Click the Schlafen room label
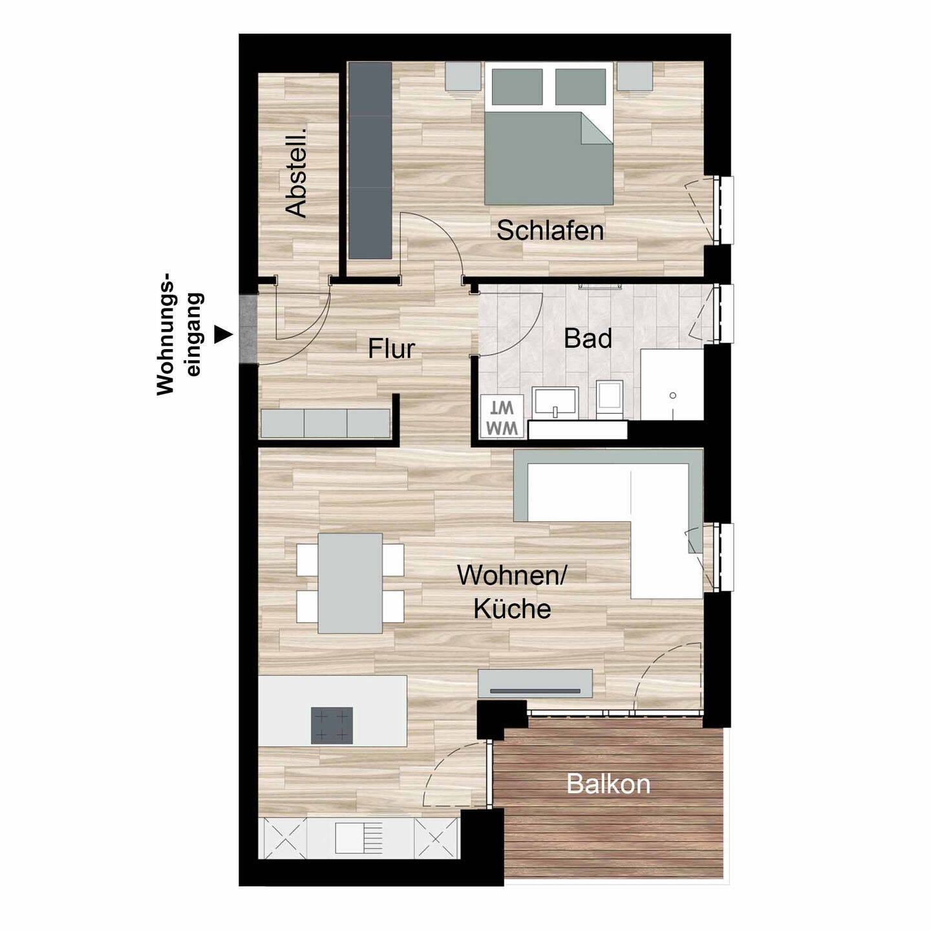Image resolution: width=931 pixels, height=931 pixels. coord(550,231)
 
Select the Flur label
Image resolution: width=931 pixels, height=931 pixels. coord(391,349)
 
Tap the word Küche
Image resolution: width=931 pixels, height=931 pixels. coord(512,609)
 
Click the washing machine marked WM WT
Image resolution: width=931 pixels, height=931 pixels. coord(502,416)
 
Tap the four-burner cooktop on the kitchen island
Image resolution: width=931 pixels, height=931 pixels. coord(332,725)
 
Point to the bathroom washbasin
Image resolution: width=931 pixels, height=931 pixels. coord(555,403)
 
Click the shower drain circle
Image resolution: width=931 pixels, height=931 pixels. coord(673,395)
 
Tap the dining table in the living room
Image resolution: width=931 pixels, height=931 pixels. coord(350,583)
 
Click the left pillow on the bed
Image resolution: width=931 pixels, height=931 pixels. coord(517,87)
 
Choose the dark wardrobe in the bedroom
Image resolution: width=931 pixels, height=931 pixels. coord(370,160)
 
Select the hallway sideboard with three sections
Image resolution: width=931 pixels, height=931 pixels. coord(325,423)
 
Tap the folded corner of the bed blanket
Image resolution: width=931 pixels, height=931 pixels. coord(597,128)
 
